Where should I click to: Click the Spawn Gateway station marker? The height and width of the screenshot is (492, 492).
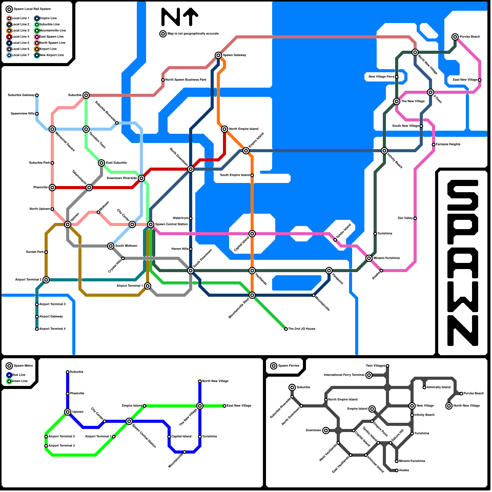coord(218,55)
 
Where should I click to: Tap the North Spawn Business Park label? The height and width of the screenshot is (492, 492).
coord(186,80)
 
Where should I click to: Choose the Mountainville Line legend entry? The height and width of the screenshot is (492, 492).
coord(52,31)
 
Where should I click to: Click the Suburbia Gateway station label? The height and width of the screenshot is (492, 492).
coord(21,95)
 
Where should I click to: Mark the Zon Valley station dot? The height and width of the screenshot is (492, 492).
coord(415,218)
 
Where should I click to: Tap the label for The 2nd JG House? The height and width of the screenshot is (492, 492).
coord(301,329)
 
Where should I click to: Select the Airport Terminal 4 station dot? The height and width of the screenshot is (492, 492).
coord(37,329)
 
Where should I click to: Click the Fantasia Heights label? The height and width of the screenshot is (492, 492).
coord(448,145)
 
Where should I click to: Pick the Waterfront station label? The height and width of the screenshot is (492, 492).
coord(181,218)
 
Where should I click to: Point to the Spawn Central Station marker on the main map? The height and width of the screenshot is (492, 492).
coord(151,224)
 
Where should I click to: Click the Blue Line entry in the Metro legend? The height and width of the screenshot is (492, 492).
coord(18,375)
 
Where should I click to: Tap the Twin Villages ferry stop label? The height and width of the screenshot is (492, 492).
coord(375,366)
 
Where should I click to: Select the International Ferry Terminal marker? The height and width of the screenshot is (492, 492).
coord(369,375)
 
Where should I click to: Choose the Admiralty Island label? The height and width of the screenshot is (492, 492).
coord(438,387)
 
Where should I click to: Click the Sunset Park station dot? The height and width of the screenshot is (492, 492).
coord(46,252)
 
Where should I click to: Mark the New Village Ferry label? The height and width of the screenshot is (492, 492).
coord(381,77)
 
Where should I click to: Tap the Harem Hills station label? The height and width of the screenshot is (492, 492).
coord(180,249)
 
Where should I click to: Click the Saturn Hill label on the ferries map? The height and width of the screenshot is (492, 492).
coord(398,436)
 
